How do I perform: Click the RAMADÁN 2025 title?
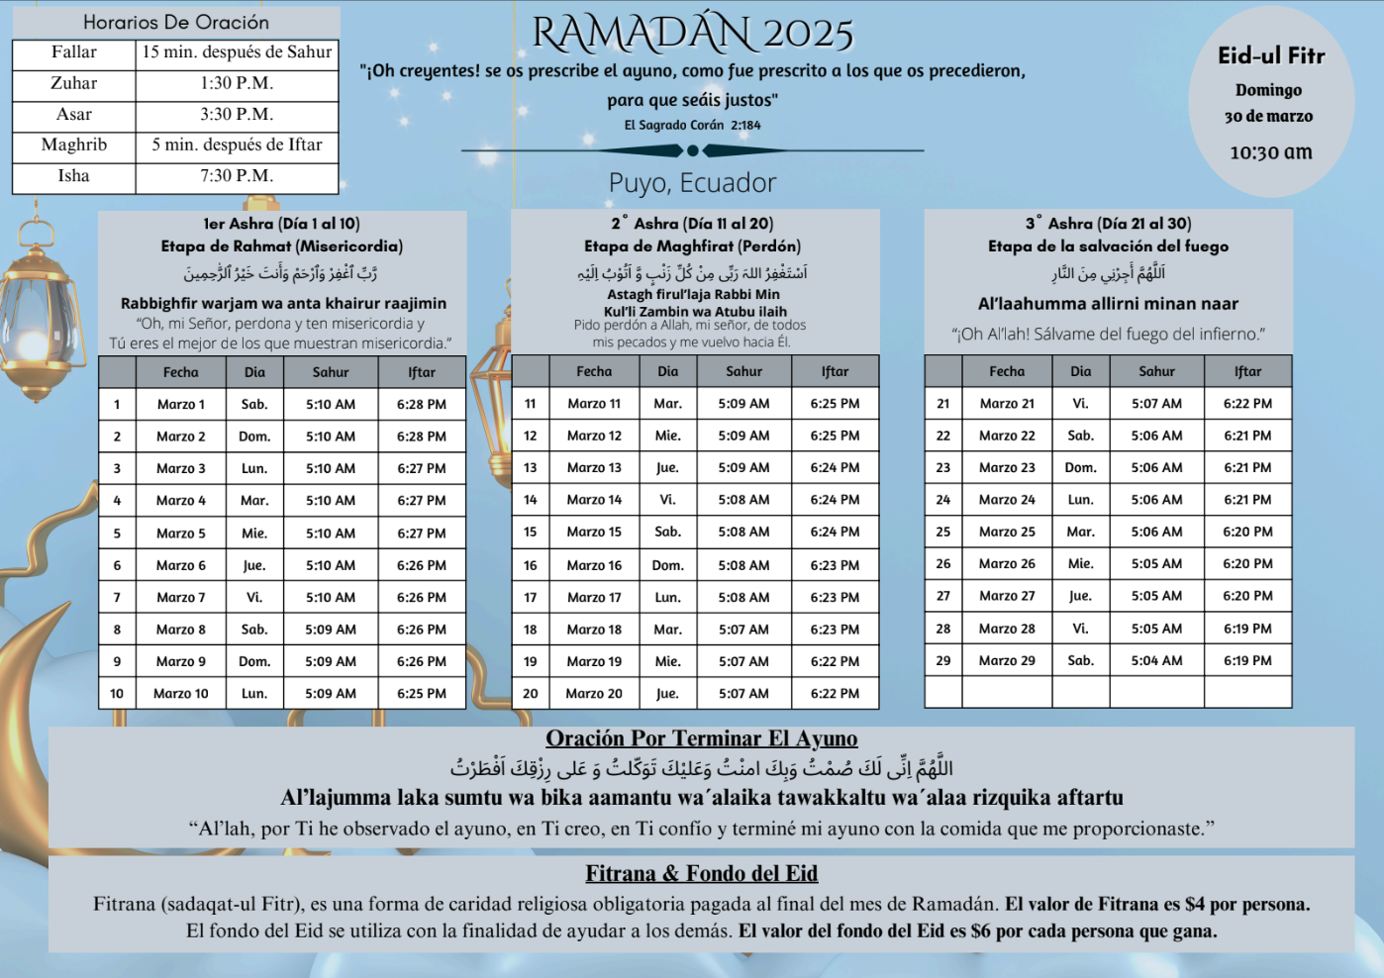click(x=692, y=34)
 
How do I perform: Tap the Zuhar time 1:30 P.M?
click(x=237, y=83)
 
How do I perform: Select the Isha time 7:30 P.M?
click(x=237, y=175)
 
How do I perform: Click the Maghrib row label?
click(x=74, y=145)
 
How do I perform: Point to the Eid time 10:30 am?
click(x=1271, y=152)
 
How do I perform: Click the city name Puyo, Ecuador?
click(x=692, y=183)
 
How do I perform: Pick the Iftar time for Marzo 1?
click(x=422, y=404)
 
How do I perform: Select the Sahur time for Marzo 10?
click(x=331, y=694)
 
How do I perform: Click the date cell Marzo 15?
click(x=594, y=532)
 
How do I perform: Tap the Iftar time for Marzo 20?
click(x=835, y=694)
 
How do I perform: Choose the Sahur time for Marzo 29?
click(x=1156, y=660)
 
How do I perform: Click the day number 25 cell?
click(x=943, y=532)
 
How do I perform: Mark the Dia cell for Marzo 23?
click(x=1080, y=467)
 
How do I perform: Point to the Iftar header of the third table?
click(x=1247, y=371)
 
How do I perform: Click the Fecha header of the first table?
click(x=181, y=372)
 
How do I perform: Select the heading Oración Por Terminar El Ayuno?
click(x=701, y=738)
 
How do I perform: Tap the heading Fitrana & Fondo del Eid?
click(x=701, y=873)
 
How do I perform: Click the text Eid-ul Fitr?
click(x=1271, y=55)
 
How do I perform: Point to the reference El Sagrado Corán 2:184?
click(x=692, y=125)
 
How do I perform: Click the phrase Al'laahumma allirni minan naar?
click(x=1108, y=304)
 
